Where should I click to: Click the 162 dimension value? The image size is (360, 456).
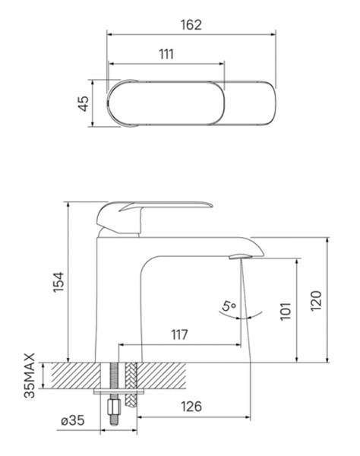[191, 25]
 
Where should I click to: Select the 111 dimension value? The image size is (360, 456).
[166, 55]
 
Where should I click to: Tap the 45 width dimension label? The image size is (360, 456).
[84, 103]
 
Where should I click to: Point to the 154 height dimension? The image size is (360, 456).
[58, 282]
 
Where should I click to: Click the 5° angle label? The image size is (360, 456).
[229, 306]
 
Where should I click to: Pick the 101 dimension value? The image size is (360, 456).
[286, 311]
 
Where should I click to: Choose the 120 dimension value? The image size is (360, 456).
[316, 301]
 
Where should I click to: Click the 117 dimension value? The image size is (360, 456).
[179, 334]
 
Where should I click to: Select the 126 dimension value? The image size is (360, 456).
[191, 407]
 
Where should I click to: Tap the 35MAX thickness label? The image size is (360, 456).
[29, 375]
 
